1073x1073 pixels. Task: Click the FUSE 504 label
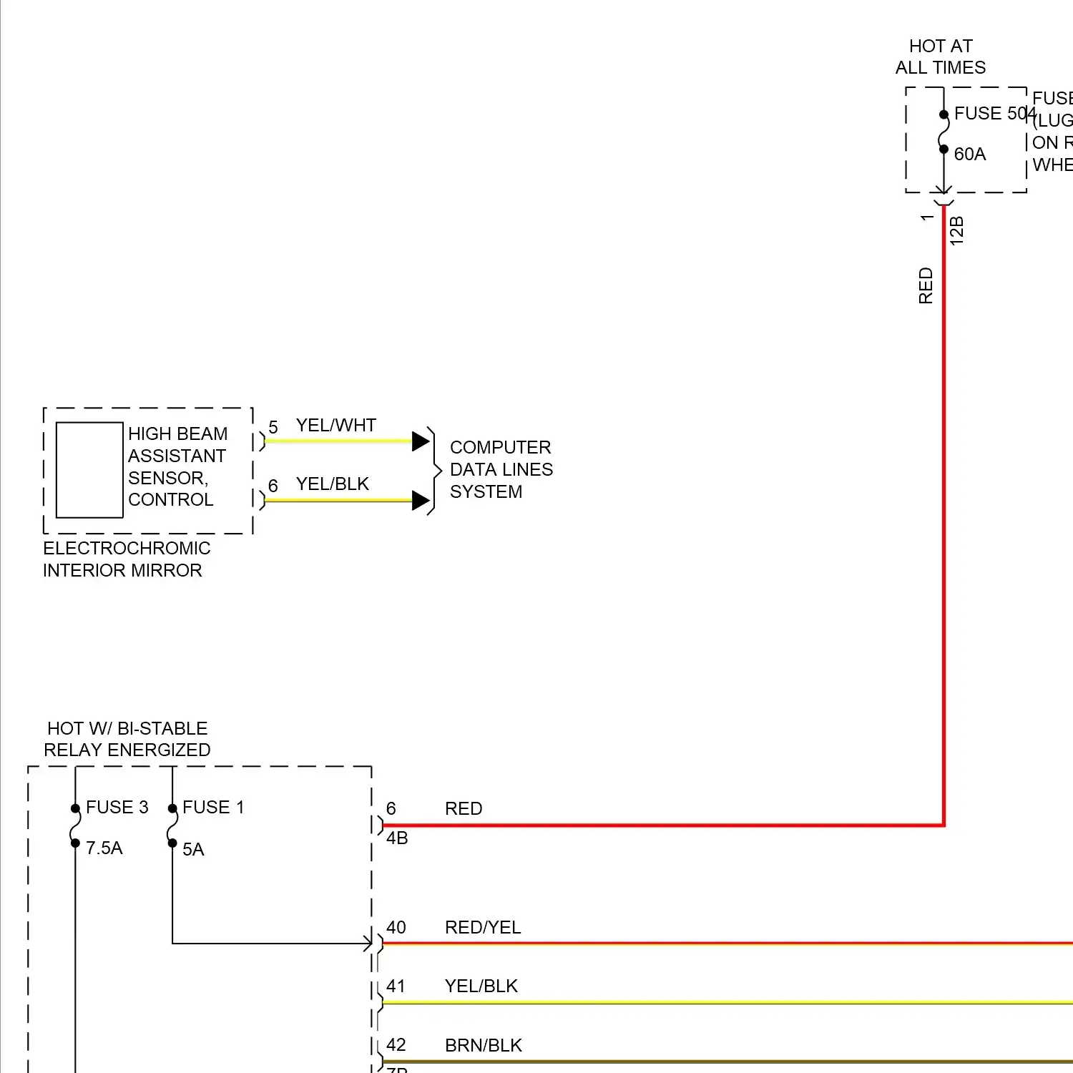point(994,114)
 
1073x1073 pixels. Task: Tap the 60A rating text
point(969,155)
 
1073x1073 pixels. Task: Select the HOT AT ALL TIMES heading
point(940,57)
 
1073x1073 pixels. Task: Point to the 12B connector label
point(957,231)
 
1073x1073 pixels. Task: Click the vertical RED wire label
point(926,285)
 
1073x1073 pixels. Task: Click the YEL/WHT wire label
point(335,426)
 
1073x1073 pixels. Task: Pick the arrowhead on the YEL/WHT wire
point(421,441)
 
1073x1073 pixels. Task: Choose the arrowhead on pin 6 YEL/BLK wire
point(421,501)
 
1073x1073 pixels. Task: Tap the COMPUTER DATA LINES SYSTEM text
point(501,469)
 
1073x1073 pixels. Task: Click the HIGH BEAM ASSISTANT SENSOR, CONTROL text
point(177,467)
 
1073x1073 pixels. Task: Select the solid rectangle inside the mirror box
point(89,470)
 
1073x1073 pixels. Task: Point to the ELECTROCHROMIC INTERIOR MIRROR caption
point(126,559)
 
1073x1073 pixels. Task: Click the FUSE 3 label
point(117,808)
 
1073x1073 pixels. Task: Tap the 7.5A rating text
point(104,848)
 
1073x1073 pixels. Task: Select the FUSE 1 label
point(213,808)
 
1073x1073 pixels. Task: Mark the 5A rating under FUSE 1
point(193,850)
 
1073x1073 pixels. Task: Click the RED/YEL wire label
point(483,928)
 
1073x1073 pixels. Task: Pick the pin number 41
point(396,986)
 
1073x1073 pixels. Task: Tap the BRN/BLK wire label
point(484,1046)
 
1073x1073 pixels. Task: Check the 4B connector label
point(397,838)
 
